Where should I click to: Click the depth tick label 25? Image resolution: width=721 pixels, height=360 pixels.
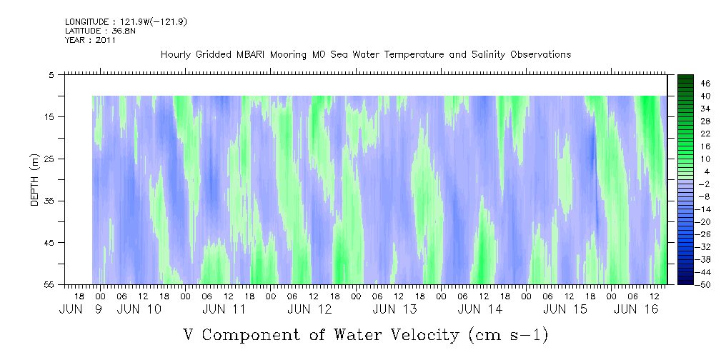[53, 159]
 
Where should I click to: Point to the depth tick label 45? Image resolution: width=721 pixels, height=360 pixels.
[53, 243]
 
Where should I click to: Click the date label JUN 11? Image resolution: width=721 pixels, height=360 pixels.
[224, 309]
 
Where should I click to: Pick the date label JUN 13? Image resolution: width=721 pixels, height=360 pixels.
[394, 309]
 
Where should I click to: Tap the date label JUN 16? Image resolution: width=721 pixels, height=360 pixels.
[636, 309]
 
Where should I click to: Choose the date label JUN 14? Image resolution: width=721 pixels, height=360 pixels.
[479, 309]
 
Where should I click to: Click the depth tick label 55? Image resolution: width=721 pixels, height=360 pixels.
[53, 285]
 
